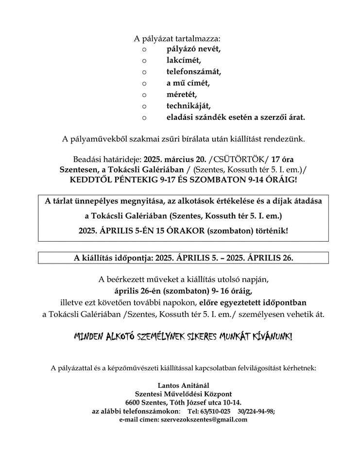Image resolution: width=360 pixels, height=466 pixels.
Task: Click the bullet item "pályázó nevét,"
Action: pos(193,49)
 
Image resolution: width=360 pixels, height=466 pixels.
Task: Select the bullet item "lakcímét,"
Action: pos(184,61)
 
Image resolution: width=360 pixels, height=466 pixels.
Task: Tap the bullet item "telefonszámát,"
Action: pos(193,72)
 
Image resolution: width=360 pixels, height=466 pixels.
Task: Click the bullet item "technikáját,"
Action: pos(189,105)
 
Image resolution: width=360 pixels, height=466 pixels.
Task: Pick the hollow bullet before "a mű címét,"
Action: pos(144,83)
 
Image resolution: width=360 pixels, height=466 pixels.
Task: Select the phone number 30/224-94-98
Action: pos(257,411)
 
